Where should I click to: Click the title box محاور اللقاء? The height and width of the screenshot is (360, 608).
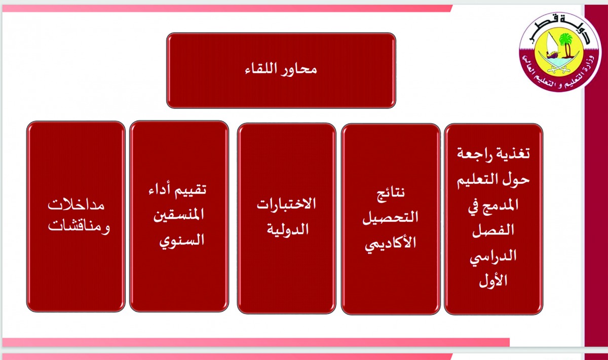281,70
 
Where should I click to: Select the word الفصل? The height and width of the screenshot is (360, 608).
493,230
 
